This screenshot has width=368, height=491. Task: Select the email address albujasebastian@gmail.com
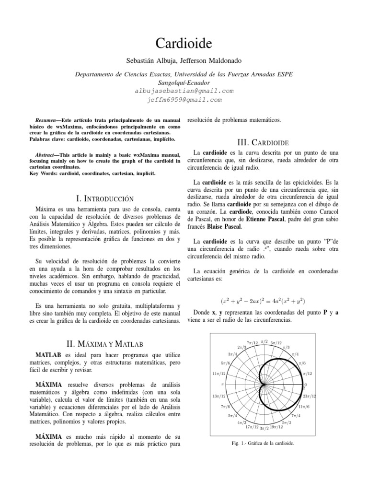pyautogui.click(x=184, y=91)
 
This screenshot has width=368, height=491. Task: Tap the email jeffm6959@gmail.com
pyautogui.click(x=184, y=100)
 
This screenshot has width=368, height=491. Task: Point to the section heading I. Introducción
pyautogui.click(x=105, y=198)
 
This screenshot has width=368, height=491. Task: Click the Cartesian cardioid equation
pyautogui.click(x=263, y=302)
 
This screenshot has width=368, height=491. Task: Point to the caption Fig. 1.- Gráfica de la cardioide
pyautogui.click(x=263, y=443)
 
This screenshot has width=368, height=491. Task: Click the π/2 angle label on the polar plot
pyautogui.click(x=264, y=341)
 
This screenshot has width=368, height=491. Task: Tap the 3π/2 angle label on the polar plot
pyautogui.click(x=264, y=427)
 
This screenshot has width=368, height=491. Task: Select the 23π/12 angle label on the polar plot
pyautogui.click(x=309, y=396)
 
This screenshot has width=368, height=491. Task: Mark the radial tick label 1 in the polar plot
pyautogui.click(x=284, y=387)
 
